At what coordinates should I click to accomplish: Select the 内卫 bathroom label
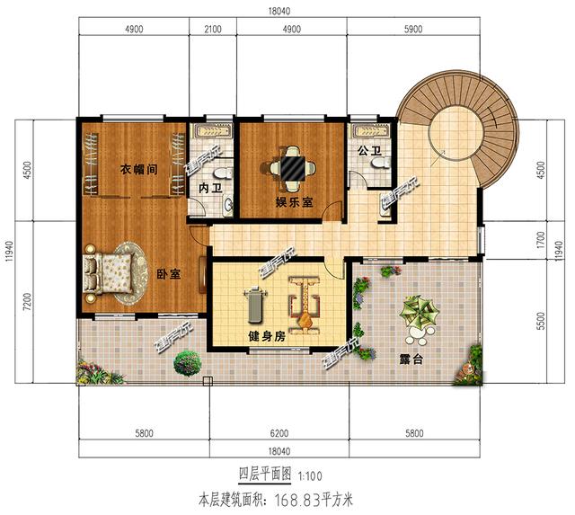pos(210,189)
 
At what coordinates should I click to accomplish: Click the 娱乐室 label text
pos(294,203)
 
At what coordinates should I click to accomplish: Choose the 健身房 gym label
pos(267,336)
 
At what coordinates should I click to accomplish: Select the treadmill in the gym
pos(253,303)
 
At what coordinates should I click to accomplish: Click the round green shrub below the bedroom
pos(187,363)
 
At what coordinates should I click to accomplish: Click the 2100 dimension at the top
pos(214,29)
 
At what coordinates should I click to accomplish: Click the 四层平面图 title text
pos(261,474)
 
